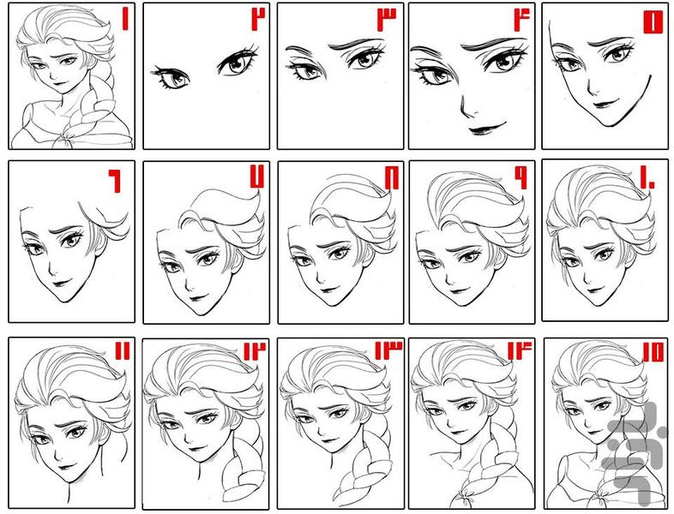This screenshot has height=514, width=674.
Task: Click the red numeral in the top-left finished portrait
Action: pyautogui.click(x=125, y=20)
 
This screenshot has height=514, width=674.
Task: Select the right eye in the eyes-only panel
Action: pyautogui.click(x=238, y=62)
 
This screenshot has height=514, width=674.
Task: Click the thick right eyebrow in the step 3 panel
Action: pyautogui.click(x=356, y=44)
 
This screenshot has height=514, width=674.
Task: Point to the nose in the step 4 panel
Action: pyautogui.click(x=466, y=107)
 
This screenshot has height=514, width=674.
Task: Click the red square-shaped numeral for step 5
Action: pyautogui.click(x=653, y=22)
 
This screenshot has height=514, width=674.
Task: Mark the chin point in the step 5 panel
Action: pyautogui.click(x=608, y=125)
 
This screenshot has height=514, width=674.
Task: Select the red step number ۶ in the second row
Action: pyautogui.click(x=114, y=182)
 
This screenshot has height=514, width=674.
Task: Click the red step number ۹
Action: pyautogui.click(x=521, y=177)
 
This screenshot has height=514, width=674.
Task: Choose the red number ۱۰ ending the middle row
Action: pyautogui.click(x=647, y=178)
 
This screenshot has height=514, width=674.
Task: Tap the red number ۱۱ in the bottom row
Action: pyautogui.click(x=122, y=351)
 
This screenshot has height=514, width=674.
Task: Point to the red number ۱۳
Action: pyautogui.click(x=388, y=350)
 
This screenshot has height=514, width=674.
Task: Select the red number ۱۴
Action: pyautogui.click(x=520, y=351)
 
